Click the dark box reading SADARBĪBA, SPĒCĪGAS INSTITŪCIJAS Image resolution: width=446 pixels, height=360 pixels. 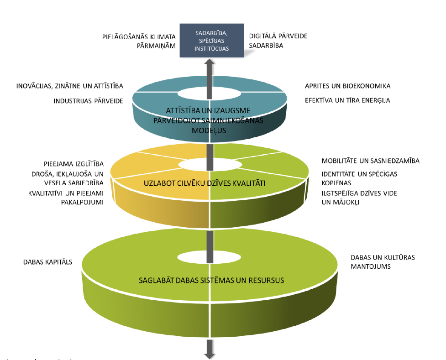point(212,41)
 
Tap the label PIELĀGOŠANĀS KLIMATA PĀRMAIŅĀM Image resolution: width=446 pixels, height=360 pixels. point(139,40)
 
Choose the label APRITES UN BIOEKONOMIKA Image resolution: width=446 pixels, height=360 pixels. point(348,86)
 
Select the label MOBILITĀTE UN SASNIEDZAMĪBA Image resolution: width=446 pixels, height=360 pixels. point(370,161)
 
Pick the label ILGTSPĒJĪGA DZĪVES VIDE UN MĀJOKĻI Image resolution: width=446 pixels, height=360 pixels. point(359,197)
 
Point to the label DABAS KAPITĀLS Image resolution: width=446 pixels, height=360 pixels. point(48,263)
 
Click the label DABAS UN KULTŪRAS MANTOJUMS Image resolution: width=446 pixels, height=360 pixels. point(383,261)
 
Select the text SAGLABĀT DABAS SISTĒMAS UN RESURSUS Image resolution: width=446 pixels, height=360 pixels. point(211,280)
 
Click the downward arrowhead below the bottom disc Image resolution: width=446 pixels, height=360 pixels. point(210,354)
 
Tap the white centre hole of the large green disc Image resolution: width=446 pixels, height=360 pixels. point(210,257)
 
